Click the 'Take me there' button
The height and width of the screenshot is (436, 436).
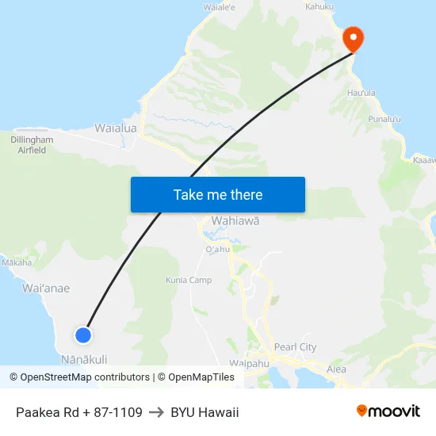point(218,194)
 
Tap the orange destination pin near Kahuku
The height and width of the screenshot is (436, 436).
point(352,39)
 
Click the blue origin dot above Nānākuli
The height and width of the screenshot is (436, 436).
point(82,335)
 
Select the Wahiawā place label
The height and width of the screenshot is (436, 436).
point(235,221)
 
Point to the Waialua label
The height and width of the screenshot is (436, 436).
point(116,128)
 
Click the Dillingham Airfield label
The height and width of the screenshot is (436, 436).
point(33,144)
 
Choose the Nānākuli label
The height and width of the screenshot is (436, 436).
point(84,359)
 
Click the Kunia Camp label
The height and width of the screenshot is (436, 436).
point(189,280)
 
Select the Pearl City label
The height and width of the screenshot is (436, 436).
point(295,347)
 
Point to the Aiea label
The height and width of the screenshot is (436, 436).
point(337,369)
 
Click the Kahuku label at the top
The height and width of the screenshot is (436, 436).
point(319,7)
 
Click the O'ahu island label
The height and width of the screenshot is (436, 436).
point(217,249)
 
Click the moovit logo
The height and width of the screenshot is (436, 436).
point(388,411)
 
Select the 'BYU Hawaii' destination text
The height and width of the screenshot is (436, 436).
point(205,412)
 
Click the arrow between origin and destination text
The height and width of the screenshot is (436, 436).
point(156,412)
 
